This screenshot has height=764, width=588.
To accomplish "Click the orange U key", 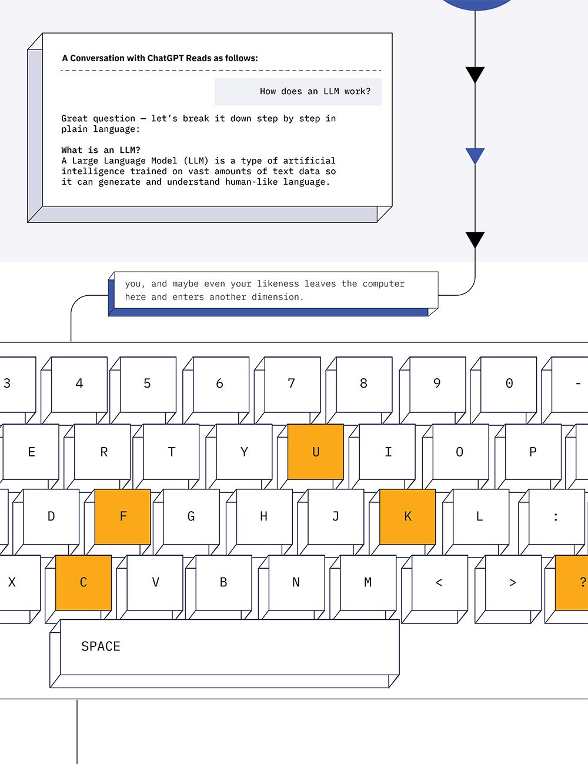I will pos(316,452).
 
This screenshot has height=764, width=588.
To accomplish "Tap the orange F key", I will pos(123,516).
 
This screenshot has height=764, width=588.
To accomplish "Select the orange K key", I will pos(407,516).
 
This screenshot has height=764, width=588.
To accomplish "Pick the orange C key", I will pos(83,582).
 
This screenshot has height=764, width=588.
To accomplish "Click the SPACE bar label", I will pos(101,646).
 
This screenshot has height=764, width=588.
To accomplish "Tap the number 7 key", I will pos(292,383).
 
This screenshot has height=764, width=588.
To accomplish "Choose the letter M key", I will pos(367,582).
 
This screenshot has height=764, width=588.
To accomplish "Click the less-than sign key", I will pos(439,582).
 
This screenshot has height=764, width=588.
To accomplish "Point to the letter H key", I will pos(264,516).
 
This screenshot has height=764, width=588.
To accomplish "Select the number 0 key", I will pos(509,383).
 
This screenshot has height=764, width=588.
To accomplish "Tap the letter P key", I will pos(533,452).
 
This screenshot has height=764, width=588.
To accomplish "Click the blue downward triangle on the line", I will pos(475,156).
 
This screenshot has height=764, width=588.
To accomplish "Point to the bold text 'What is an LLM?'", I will pos(101,150).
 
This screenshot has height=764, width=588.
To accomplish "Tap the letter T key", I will pos(172,452).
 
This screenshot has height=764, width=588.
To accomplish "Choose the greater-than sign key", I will pos(513,582).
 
